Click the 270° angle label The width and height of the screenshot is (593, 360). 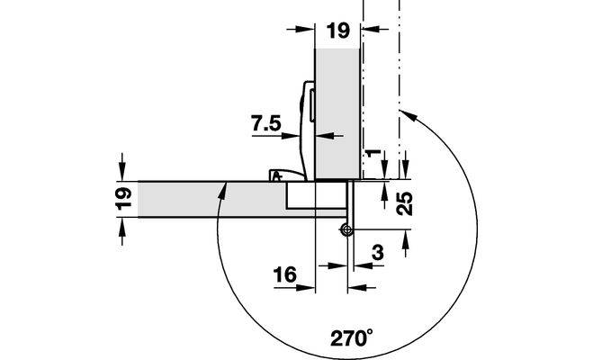(351, 337)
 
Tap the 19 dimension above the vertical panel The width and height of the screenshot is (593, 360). (339, 31)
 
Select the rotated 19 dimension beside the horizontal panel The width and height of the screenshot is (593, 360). (123, 199)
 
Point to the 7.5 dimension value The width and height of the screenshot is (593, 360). (266, 123)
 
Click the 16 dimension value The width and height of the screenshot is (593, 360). (284, 274)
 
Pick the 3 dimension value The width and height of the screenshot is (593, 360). (378, 252)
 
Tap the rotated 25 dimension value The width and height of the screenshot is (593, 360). (405, 203)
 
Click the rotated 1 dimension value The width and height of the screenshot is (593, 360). (373, 153)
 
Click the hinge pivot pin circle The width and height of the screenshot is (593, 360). (346, 229)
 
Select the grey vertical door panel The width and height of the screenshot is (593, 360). (337, 113)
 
